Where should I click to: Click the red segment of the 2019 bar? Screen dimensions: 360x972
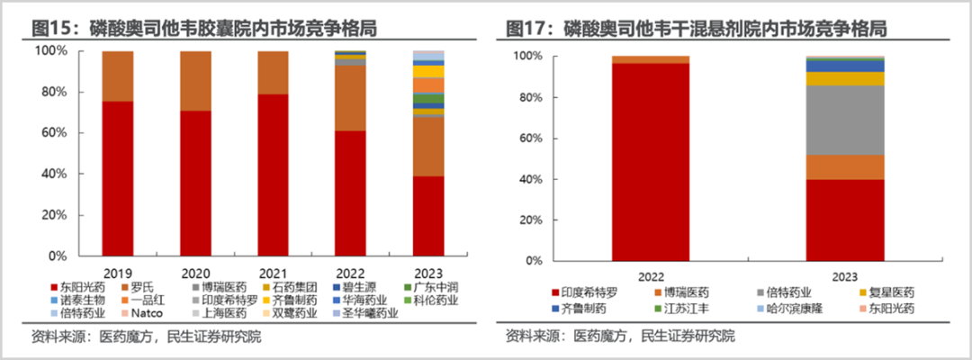pyautogui.click(x=117, y=180)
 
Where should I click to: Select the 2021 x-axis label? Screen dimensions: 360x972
pyautogui.click(x=273, y=272)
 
